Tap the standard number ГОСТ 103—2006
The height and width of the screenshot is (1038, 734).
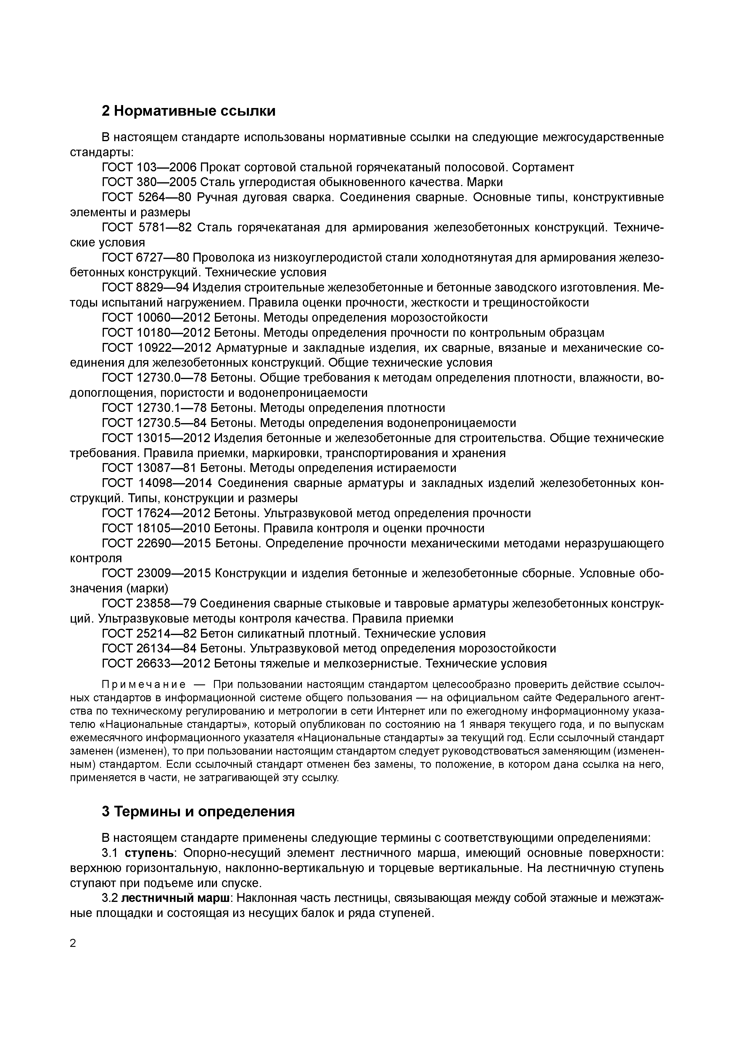tap(149, 168)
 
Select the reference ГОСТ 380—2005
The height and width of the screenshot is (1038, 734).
tap(149, 183)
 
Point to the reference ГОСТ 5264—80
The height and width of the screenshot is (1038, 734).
tap(147, 198)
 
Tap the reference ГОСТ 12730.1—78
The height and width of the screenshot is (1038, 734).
tap(154, 408)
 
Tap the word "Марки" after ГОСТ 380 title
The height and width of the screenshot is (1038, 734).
tap(485, 183)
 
